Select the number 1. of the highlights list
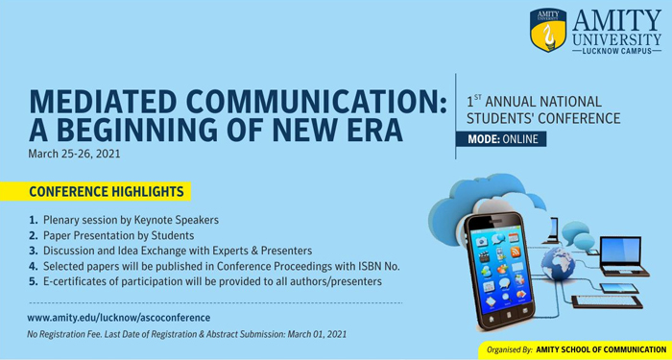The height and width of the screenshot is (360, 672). tap(34, 220)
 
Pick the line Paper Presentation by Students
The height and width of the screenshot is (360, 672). tap(118, 235)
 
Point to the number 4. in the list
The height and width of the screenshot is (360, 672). tap(34, 266)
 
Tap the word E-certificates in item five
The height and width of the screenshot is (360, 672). tap(77, 281)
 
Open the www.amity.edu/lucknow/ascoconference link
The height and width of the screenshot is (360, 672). tap(118, 317)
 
